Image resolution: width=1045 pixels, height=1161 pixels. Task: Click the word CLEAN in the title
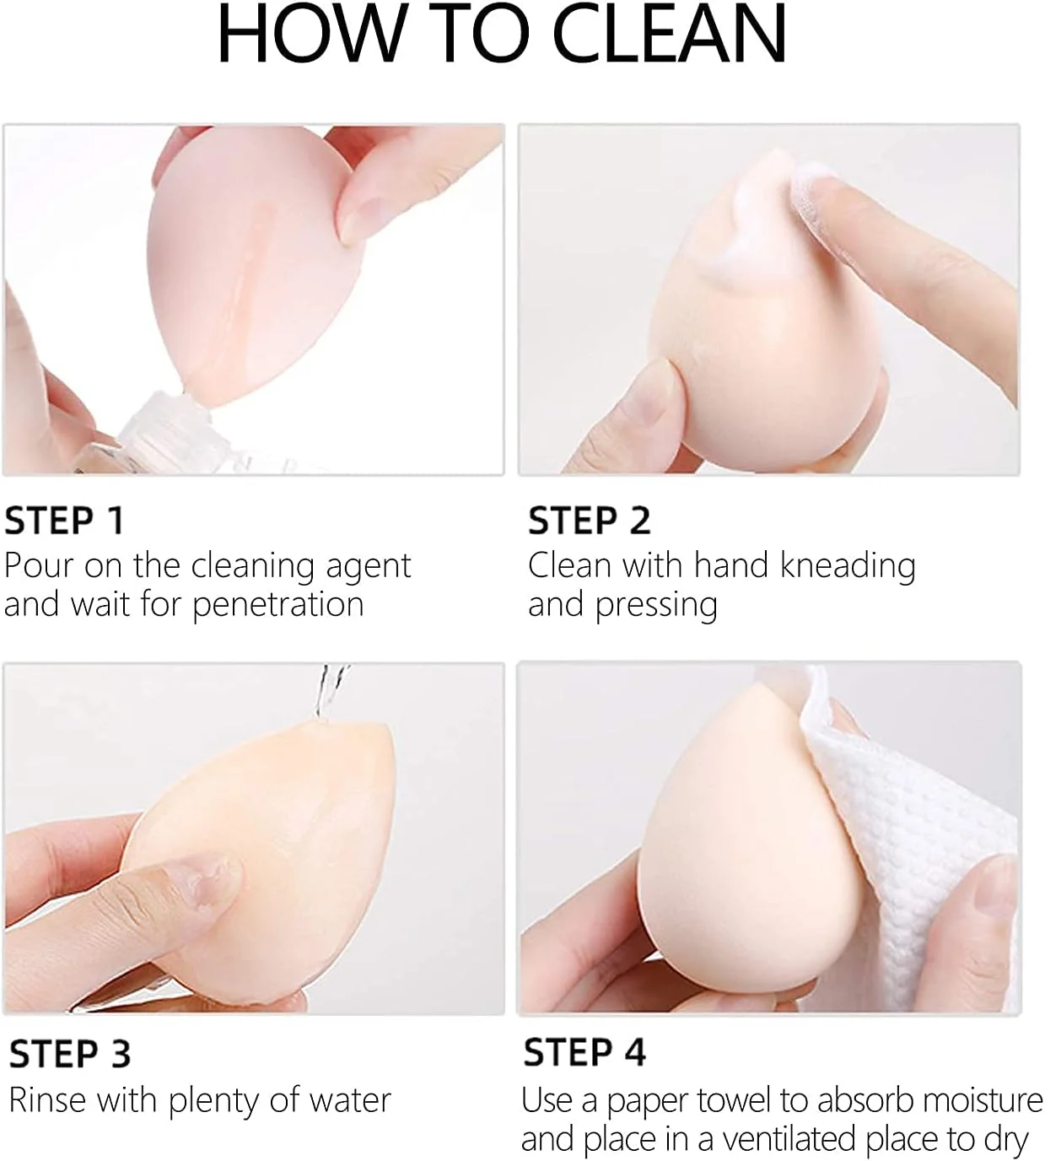[x=670, y=34]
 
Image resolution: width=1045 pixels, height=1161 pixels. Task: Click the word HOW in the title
[x=304, y=34]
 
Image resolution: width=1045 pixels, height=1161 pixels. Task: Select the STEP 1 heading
[x=64, y=521]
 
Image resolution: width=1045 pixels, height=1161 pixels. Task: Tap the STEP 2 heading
[x=589, y=521]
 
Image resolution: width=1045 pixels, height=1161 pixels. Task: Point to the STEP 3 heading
[x=70, y=1054]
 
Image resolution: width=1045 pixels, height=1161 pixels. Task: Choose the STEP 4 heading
[x=584, y=1052]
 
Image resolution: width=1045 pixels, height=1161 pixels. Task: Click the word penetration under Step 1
[x=277, y=606]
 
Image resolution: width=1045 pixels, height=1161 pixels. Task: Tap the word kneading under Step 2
[x=848, y=567]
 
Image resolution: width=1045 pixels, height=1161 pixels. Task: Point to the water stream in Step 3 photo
[x=330, y=692]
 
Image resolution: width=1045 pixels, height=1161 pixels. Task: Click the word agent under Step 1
[x=368, y=567]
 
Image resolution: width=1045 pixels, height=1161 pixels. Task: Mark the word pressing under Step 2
[x=656, y=606]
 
